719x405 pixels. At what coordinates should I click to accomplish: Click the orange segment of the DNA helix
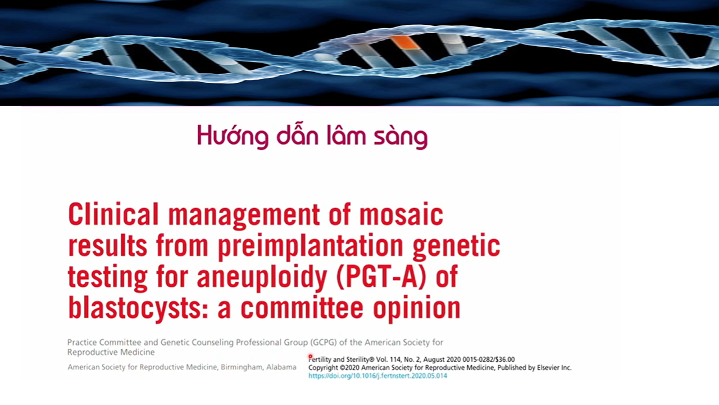[406, 42]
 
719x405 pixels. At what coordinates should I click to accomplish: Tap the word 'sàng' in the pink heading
[401, 137]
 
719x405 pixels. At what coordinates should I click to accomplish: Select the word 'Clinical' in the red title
[113, 214]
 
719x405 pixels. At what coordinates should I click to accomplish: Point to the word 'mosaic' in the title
[401, 215]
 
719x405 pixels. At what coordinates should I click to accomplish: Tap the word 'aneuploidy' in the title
[262, 277]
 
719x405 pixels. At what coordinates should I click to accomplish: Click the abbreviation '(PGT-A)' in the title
[381, 277]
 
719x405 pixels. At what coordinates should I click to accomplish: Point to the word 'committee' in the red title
[302, 308]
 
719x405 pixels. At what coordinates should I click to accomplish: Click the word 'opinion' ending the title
[417, 309]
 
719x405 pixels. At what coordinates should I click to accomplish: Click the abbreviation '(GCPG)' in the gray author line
[324, 343]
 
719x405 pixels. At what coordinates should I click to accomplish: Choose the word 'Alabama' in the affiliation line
[281, 367]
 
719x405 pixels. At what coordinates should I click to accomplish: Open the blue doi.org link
[377, 376]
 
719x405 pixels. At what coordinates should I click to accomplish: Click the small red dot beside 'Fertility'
[310, 356]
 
